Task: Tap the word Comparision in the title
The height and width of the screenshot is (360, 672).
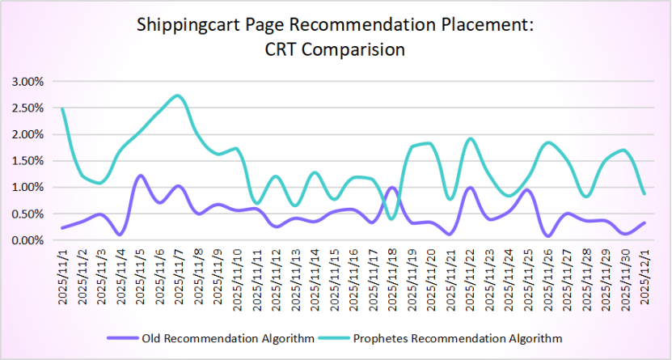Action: [x=357, y=49]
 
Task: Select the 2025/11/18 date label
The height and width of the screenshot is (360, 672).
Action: [x=393, y=277]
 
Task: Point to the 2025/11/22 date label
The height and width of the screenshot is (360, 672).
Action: [x=471, y=277]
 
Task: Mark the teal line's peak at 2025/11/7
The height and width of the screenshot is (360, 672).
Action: [x=179, y=95]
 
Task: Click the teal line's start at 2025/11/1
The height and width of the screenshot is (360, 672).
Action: [x=62, y=108]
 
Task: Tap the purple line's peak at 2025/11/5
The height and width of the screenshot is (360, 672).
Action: [x=141, y=176]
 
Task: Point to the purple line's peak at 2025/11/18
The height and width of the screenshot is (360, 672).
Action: [x=392, y=188]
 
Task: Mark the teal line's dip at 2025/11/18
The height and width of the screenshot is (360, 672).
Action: [x=392, y=218]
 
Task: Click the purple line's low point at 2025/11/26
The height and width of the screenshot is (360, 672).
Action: [x=549, y=236]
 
